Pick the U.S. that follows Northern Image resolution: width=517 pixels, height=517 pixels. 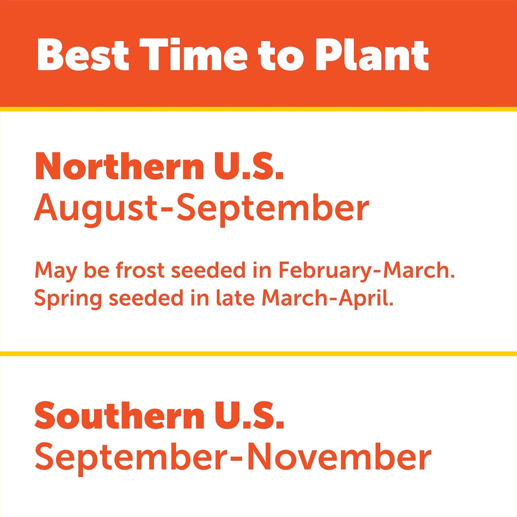[x=249, y=167]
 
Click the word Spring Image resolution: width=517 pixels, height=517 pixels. [x=68, y=298]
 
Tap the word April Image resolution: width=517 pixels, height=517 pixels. [x=366, y=298]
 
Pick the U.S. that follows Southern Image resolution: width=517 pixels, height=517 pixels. [x=250, y=415]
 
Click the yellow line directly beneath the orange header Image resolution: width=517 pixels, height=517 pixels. [x=258, y=109]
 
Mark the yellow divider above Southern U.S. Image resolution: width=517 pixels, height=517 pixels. [x=258, y=354]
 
